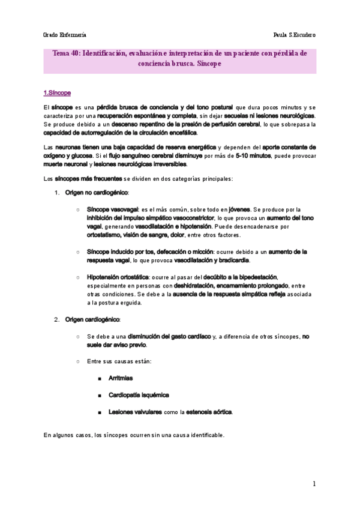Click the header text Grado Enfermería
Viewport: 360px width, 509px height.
(x=64, y=35)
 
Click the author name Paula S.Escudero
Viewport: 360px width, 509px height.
(x=294, y=35)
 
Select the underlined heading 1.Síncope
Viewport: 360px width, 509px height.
(x=58, y=93)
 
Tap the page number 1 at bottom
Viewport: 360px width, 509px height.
(x=314, y=483)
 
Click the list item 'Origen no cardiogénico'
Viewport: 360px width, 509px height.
(x=97, y=192)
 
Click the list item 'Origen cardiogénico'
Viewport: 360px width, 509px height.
(x=92, y=319)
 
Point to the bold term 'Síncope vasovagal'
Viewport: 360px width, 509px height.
(x=112, y=209)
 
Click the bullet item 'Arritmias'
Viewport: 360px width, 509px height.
(x=121, y=378)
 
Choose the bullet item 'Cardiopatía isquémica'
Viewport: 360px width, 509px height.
(x=139, y=395)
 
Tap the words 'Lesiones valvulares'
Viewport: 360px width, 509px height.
(x=135, y=412)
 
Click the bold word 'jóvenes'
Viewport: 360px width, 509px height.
(x=239, y=209)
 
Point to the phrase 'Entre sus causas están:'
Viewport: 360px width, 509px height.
(x=119, y=361)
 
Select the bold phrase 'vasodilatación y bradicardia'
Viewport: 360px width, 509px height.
(x=212, y=260)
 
